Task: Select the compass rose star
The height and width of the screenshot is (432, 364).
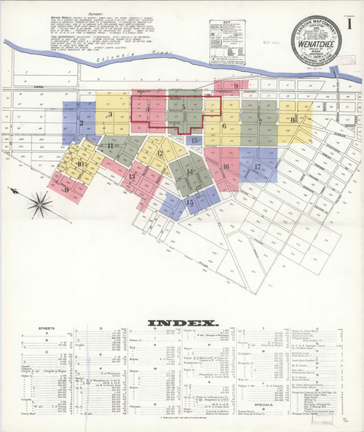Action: point(39,203)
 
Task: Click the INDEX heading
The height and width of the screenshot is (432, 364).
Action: point(183,323)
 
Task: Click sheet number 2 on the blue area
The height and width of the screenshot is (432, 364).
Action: point(70,119)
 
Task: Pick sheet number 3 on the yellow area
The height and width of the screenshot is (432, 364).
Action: point(110,114)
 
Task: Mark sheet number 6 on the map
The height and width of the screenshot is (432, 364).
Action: point(224,126)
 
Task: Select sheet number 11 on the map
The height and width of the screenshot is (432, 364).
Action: point(111,146)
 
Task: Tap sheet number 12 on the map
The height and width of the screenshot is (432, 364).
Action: point(160,153)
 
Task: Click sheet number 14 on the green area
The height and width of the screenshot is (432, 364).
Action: point(191,171)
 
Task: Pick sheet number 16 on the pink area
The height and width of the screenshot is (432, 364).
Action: point(226,166)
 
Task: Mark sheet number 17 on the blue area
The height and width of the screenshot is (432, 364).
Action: point(258,167)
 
